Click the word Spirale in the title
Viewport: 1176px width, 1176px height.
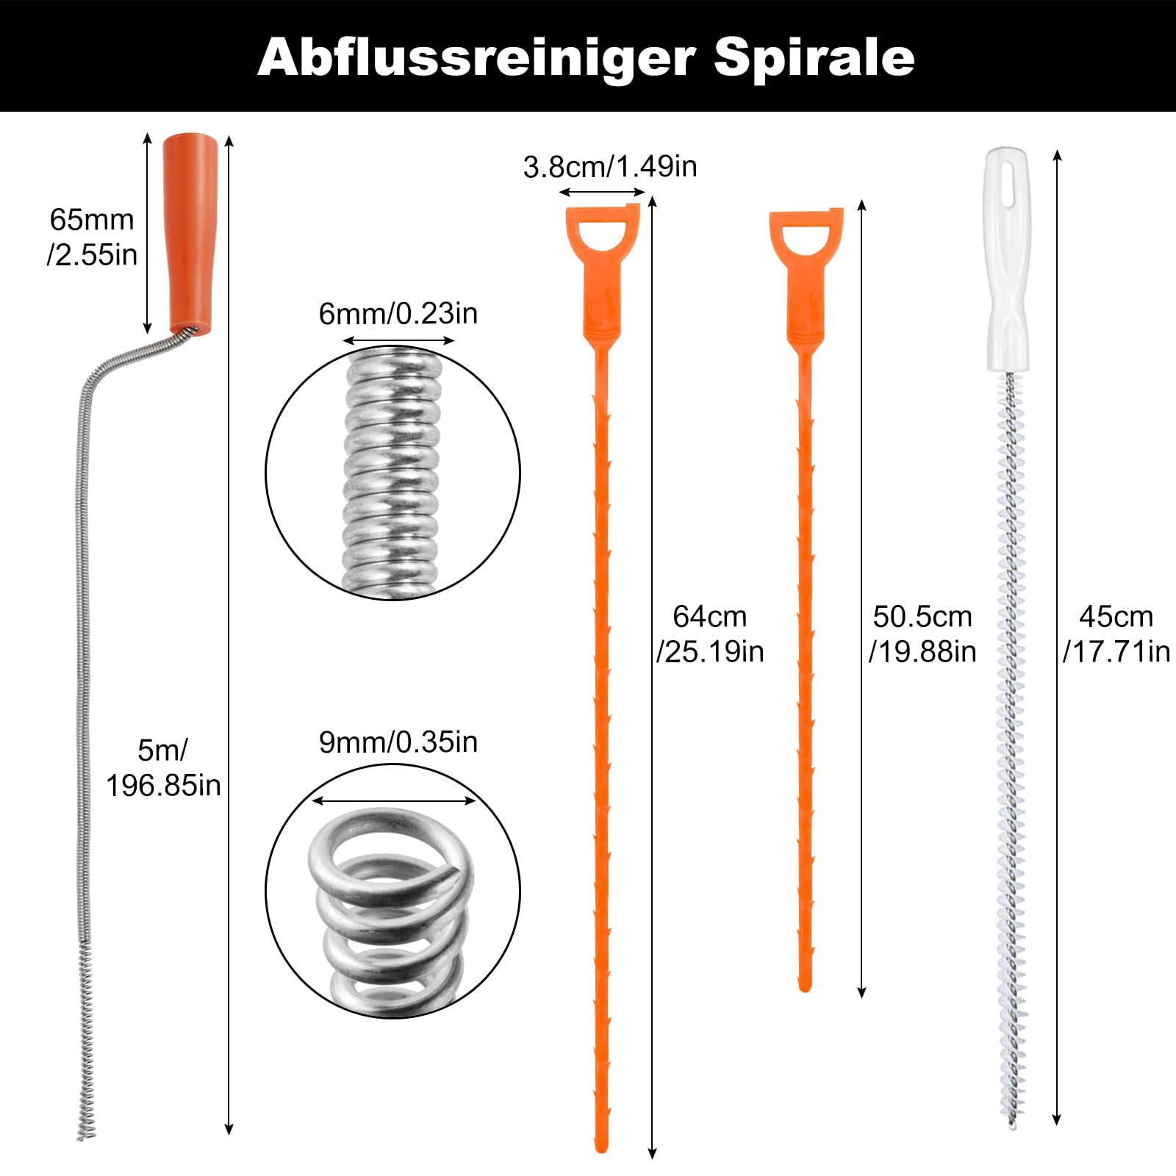[x=814, y=57]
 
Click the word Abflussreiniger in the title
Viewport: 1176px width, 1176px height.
[x=476, y=57]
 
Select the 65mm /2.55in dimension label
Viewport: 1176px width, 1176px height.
[x=92, y=237]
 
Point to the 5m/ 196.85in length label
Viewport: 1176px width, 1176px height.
[x=163, y=768]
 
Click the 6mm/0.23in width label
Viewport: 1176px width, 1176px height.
[x=398, y=314]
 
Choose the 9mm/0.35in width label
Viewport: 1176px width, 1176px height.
[x=398, y=742]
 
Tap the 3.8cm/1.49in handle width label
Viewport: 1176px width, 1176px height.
[x=609, y=167]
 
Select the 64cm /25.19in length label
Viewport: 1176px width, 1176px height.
[x=710, y=634]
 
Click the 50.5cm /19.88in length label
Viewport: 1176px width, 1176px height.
[x=922, y=634]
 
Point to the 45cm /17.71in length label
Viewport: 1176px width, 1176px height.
[x=1116, y=634]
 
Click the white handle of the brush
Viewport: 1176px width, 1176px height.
[x=1008, y=257]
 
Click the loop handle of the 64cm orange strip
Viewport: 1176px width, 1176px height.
[x=602, y=235]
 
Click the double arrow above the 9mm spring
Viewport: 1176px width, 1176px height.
[x=395, y=800]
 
